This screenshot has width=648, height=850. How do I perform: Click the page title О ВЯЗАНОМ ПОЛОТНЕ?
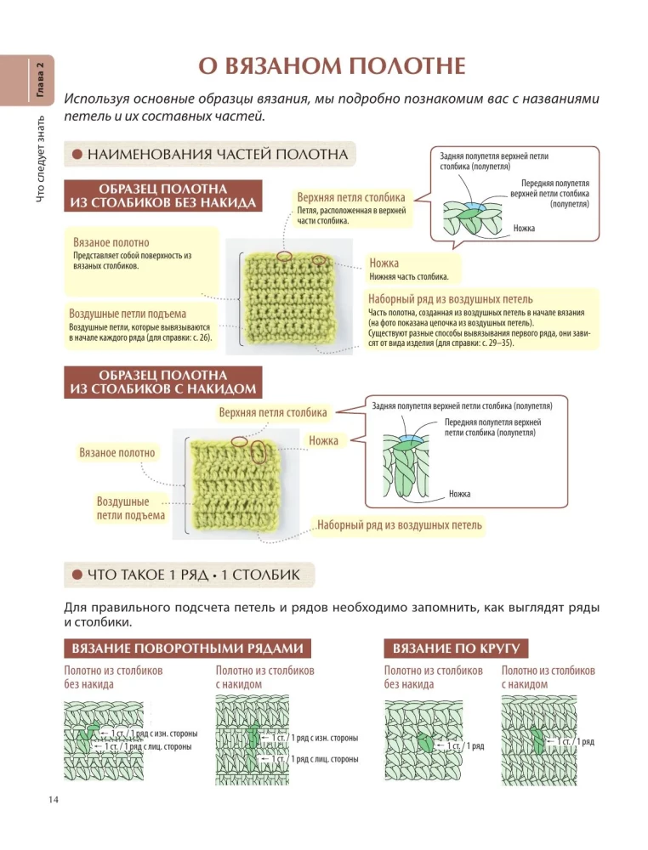pyautogui.click(x=332, y=67)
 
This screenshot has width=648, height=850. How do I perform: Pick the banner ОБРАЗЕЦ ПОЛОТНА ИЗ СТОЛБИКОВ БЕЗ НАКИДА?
pyautogui.click(x=162, y=195)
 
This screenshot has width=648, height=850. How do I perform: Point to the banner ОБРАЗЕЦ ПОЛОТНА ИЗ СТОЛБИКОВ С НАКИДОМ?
pyautogui.click(x=162, y=382)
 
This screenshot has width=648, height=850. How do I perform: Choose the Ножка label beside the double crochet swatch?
pyautogui.click(x=323, y=440)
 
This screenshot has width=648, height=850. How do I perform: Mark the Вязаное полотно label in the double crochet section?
pyautogui.click(x=117, y=453)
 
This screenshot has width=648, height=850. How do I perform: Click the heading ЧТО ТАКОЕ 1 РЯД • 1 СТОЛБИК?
pyautogui.click(x=193, y=576)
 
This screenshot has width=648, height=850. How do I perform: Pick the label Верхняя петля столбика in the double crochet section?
pyautogui.click(x=273, y=413)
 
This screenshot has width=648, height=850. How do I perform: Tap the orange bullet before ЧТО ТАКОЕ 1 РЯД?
pyautogui.click(x=77, y=576)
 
